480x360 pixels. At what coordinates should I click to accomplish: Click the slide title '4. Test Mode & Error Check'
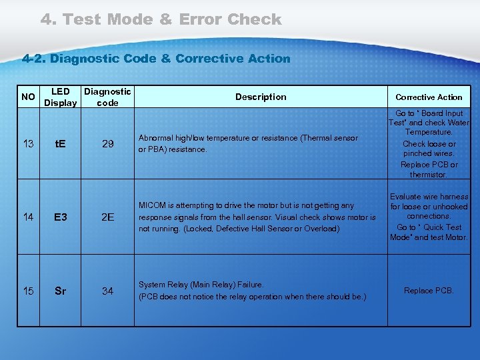(161, 19)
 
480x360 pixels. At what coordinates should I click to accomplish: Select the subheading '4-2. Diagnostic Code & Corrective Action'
(157, 59)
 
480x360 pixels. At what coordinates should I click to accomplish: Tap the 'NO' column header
(28, 97)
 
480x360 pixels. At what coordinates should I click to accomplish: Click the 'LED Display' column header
(60, 97)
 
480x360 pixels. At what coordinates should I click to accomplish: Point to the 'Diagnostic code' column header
(107, 97)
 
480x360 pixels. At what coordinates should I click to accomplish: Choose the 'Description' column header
(261, 97)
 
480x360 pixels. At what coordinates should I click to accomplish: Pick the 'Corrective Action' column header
(429, 97)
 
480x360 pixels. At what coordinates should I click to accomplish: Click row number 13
(28, 144)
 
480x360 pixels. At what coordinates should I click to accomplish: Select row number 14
(28, 217)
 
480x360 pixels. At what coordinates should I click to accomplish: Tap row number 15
(28, 291)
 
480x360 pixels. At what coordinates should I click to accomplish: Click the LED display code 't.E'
(60, 144)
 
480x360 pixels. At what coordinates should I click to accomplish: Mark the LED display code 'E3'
(60, 217)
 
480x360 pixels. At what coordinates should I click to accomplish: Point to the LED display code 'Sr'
(60, 291)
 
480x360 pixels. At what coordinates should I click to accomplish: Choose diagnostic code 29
(107, 144)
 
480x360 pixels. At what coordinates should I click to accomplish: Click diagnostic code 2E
(107, 217)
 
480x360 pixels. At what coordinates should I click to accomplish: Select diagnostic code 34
(107, 291)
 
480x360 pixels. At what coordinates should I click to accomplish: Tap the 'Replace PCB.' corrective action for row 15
(429, 291)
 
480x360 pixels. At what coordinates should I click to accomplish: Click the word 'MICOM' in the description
(151, 206)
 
